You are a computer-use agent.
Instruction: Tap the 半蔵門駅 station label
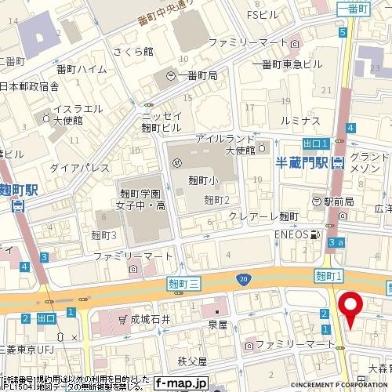point(303,163)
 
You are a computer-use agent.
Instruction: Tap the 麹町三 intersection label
point(185,282)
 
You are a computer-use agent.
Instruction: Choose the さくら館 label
point(154,50)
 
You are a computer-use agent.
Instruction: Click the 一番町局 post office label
point(197,74)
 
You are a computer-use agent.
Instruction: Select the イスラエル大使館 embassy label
point(74,116)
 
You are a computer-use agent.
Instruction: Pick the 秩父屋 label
point(191,361)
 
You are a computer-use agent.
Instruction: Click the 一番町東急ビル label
point(286,64)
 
